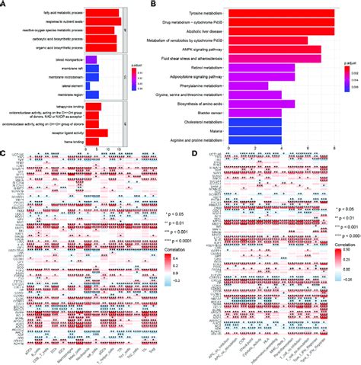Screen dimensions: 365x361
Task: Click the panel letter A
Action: coord(4,4)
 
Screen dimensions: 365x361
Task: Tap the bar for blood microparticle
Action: coord(91,59)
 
